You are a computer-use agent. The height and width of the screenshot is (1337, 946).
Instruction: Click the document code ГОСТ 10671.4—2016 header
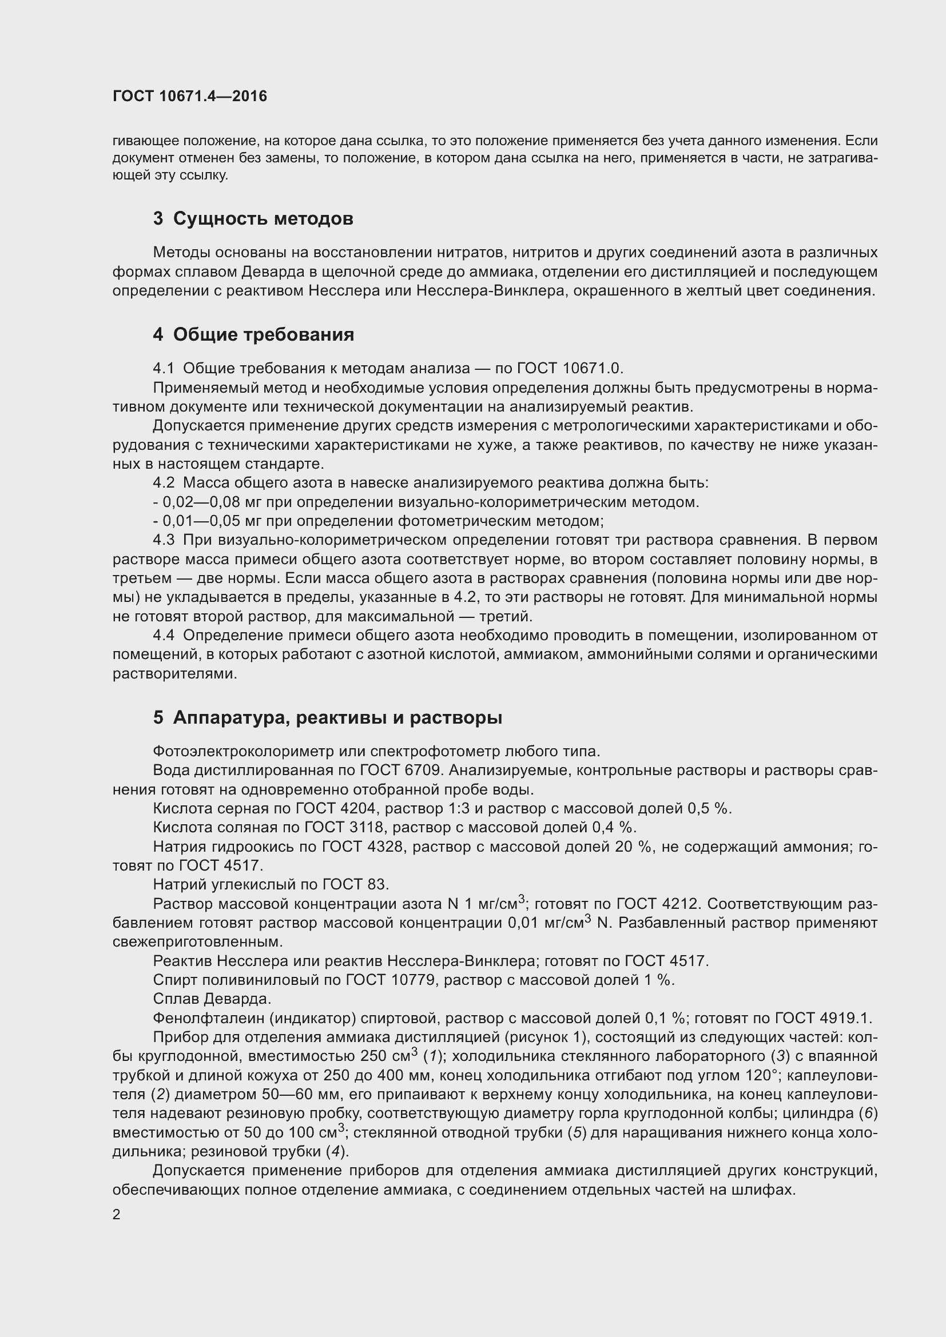(x=190, y=96)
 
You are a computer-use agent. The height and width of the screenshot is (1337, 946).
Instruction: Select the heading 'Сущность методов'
(x=263, y=219)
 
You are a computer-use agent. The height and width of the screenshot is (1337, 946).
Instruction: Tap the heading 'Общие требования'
(x=263, y=335)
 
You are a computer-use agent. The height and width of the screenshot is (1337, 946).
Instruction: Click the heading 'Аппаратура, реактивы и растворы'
(x=337, y=717)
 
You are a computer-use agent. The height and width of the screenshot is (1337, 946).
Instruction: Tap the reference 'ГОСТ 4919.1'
(x=822, y=1018)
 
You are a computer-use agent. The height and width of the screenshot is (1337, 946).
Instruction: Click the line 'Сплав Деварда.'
(x=212, y=999)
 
